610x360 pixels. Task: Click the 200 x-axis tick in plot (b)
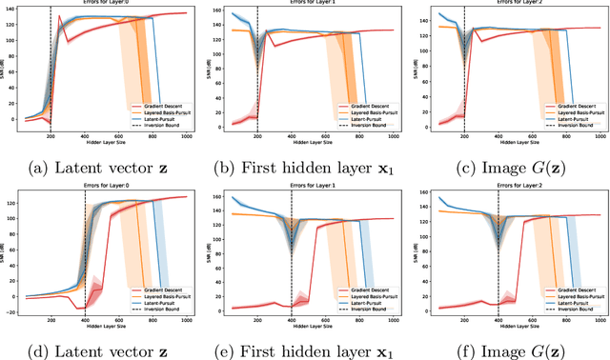256,137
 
